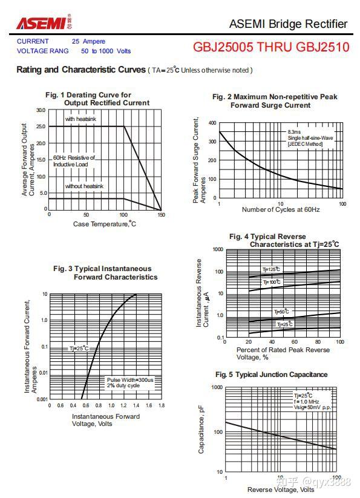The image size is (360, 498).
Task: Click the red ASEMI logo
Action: pyautogui.click(x=41, y=24)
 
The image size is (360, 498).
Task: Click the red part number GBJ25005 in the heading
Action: pyautogui.click(x=223, y=47)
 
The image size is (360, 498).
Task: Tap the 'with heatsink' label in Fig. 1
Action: pyautogui.click(x=80, y=119)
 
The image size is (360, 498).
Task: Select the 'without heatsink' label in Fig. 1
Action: pyautogui.click(x=84, y=186)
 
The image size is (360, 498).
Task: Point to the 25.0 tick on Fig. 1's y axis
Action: pyautogui.click(x=41, y=126)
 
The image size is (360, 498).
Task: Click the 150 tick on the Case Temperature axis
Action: pyautogui.click(x=162, y=215)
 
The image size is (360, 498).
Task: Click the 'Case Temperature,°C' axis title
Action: pyautogui.click(x=105, y=224)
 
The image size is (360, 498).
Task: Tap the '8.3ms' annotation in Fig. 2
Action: pyautogui.click(x=294, y=132)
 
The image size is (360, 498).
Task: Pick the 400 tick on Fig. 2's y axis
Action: pyautogui.click(x=212, y=123)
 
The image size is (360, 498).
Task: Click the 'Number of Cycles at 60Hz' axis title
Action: pyautogui.click(x=281, y=209)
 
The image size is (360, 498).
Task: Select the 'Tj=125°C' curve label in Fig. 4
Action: pyautogui.click(x=271, y=269)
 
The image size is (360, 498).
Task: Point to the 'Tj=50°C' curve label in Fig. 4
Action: pyautogui.click(x=281, y=311)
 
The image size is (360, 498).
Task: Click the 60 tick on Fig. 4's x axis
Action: pyautogui.click(x=295, y=342)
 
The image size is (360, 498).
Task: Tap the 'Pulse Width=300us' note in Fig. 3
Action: pyautogui.click(x=130, y=380)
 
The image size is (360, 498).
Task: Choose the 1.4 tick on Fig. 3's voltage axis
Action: pyautogui.click(x=136, y=405)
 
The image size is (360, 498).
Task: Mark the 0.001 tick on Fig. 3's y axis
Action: pyautogui.click(x=42, y=399)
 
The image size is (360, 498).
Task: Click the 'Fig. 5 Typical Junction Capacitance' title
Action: pyautogui.click(x=272, y=375)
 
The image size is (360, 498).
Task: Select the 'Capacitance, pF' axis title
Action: pyautogui.click(x=201, y=429)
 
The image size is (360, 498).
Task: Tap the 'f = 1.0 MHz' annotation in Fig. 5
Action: pyautogui.click(x=306, y=401)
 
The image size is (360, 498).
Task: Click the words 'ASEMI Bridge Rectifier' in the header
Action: pyautogui.click(x=288, y=24)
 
